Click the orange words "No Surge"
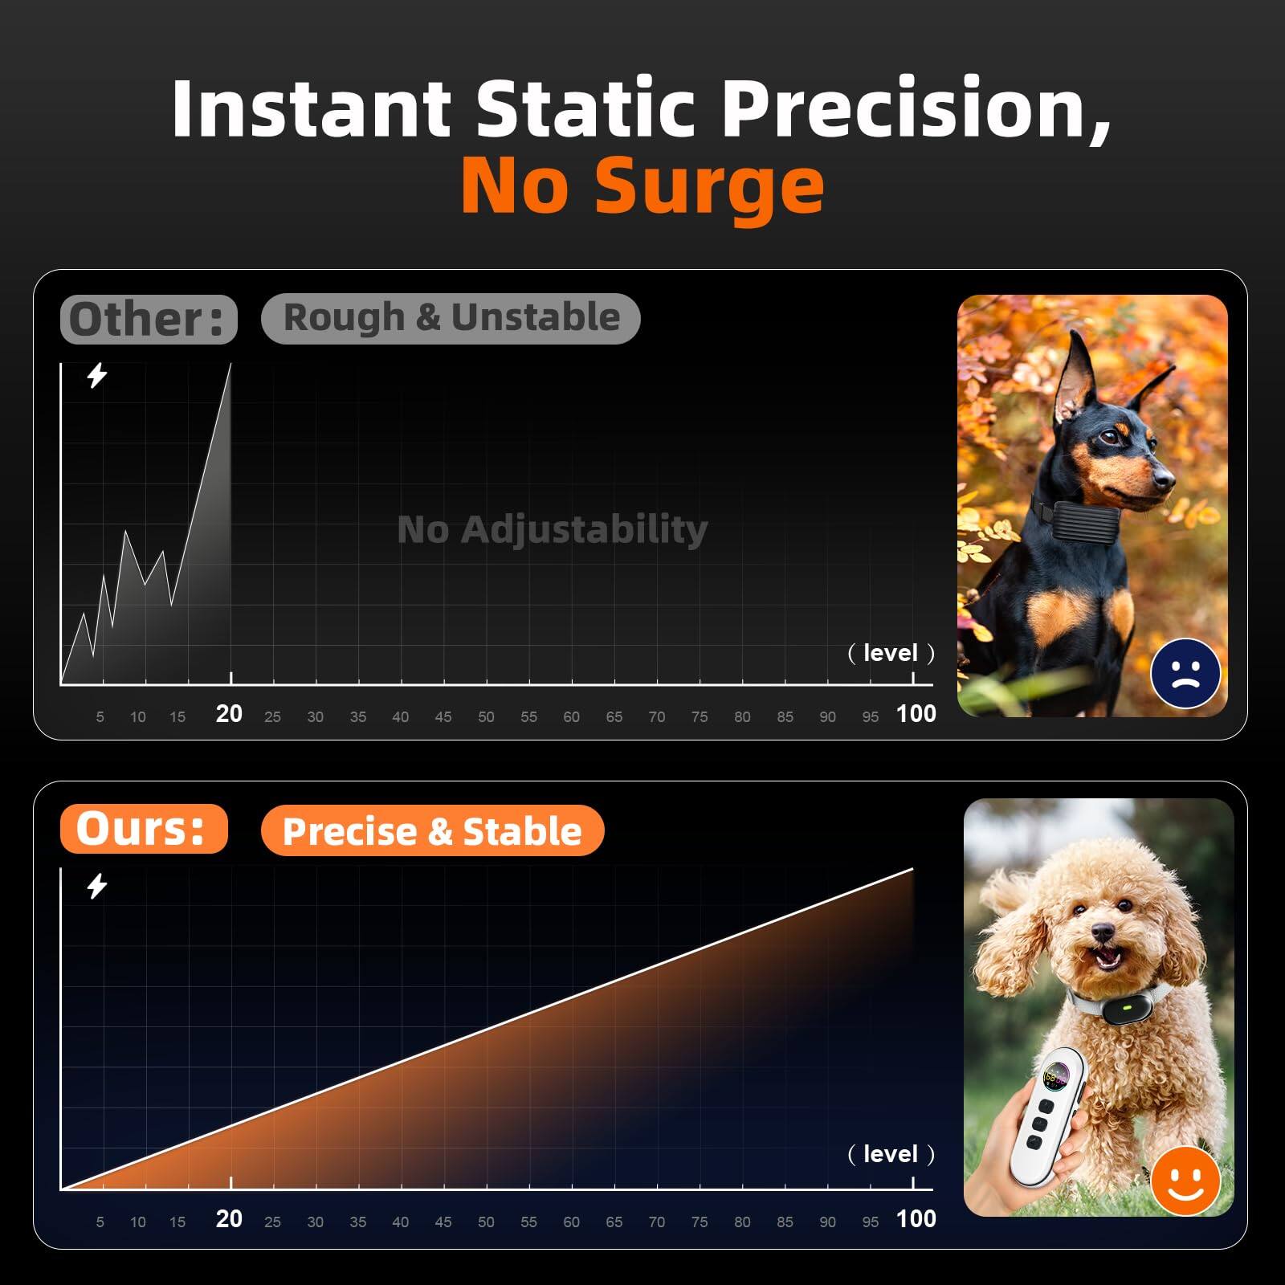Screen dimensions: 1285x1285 642,186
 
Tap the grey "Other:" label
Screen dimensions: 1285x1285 149,319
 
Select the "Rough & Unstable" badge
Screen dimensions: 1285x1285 451,318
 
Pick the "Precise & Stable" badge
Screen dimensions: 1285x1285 432,830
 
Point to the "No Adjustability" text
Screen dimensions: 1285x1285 553,529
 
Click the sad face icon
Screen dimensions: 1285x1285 1185,673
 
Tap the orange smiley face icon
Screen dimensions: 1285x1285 1185,1180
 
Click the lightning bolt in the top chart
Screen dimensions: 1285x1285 97,375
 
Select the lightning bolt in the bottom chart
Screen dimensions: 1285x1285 97,886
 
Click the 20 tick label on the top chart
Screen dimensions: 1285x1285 229,713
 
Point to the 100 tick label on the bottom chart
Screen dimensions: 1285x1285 916,1218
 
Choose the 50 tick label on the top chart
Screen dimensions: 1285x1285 486,716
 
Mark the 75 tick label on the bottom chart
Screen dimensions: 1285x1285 700,1222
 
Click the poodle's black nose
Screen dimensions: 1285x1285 1103,932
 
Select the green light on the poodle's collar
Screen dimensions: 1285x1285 1127,1006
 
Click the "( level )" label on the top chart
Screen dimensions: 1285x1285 891,653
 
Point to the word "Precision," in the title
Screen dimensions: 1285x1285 916,108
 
